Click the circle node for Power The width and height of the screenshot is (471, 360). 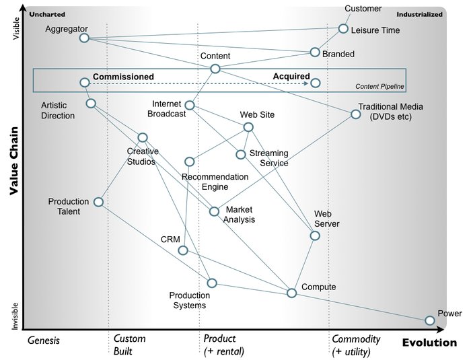(x=430, y=320)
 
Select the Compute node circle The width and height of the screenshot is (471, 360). (x=291, y=293)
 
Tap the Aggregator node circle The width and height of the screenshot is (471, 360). (x=84, y=38)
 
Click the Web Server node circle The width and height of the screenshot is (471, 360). (x=315, y=236)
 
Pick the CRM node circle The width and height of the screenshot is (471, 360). (x=182, y=250)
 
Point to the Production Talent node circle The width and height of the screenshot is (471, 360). (x=98, y=202)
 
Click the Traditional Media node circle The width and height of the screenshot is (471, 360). (x=355, y=114)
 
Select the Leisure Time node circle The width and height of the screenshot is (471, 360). (x=343, y=29)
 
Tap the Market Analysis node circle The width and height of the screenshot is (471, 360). (x=214, y=211)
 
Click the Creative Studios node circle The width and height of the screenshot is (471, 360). (x=143, y=137)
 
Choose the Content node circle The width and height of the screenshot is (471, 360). (x=215, y=69)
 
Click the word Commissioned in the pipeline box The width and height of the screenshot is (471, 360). (x=123, y=77)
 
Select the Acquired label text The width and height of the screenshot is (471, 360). (x=291, y=77)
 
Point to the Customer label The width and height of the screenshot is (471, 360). (x=363, y=9)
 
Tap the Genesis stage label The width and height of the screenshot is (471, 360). (x=44, y=340)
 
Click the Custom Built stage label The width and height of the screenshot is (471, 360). (x=129, y=345)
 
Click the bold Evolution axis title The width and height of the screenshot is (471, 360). (x=429, y=343)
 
